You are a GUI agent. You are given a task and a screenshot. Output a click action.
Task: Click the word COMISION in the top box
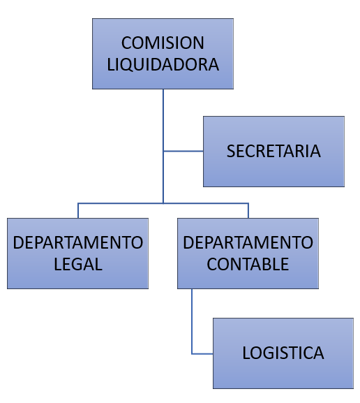(x=163, y=43)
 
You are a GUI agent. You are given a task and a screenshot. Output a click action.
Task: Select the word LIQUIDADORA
(x=163, y=64)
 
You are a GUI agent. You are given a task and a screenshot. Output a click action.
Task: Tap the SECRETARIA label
(x=273, y=151)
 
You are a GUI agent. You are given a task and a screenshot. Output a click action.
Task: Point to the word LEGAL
(x=78, y=264)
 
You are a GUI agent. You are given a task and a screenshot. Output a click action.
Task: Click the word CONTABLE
(x=248, y=264)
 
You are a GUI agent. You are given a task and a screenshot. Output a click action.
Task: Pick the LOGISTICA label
(x=283, y=353)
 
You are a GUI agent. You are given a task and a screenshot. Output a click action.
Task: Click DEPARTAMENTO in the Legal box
(x=78, y=242)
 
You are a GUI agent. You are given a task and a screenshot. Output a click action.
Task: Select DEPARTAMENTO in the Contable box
(x=248, y=242)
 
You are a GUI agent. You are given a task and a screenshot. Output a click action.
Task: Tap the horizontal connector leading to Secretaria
(x=183, y=151)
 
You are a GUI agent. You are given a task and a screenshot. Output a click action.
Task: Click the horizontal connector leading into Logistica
(x=202, y=354)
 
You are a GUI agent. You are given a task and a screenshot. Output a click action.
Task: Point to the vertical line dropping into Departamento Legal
(x=78, y=211)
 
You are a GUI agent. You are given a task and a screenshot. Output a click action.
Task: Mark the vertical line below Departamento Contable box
(x=192, y=321)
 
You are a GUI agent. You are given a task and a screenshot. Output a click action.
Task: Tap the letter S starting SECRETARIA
(x=231, y=151)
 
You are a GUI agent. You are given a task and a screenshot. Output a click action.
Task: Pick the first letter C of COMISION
(x=126, y=43)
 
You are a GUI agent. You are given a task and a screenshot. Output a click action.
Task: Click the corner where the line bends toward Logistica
(x=192, y=354)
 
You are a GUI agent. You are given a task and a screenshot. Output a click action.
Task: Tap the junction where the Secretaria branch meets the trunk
(x=163, y=151)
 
